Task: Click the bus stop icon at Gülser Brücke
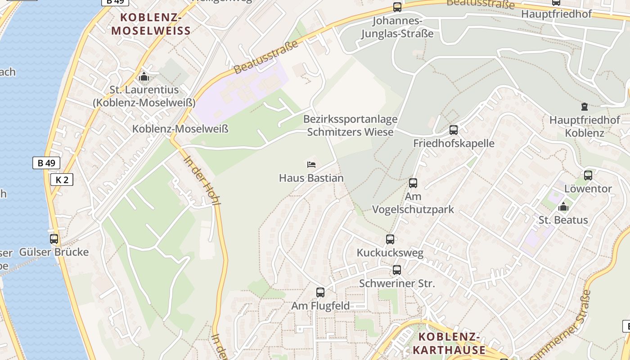coord(54,239)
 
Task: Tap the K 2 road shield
coord(62,180)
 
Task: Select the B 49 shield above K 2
coord(46,163)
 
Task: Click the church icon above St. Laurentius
coord(144,77)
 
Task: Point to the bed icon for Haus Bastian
coord(311,165)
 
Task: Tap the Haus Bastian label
coord(311,178)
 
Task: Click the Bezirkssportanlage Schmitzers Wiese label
coord(350,126)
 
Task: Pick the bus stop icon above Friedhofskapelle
coord(454,130)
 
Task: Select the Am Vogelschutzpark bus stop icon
coord(413,183)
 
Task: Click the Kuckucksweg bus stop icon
coord(390,239)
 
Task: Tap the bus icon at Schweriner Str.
coord(396,270)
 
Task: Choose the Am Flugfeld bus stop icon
coord(320,292)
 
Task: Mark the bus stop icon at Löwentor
coord(588,175)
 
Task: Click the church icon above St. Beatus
coord(563,207)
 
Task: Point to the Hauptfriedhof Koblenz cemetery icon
coord(584,107)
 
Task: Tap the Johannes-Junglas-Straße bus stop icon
coord(397,7)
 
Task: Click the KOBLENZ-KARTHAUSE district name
coord(449,343)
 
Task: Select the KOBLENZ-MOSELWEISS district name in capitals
coord(151,24)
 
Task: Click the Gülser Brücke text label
coord(54,252)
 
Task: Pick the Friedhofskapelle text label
coord(454,144)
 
